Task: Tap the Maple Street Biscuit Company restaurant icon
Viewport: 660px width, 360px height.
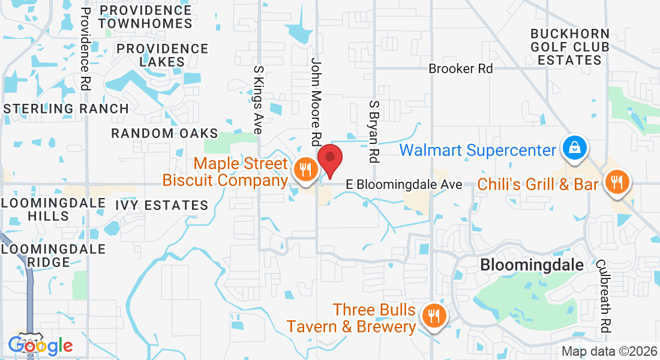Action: pyautogui.click(x=305, y=170)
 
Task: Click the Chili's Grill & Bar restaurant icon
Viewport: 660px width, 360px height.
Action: pyautogui.click(x=617, y=181)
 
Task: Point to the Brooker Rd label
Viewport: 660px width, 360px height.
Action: pyautogui.click(x=460, y=69)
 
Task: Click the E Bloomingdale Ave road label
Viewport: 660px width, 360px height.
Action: pyautogui.click(x=404, y=185)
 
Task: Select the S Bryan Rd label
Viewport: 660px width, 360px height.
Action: pyautogui.click(x=374, y=131)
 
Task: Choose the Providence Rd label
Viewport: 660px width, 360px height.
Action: pyautogui.click(x=85, y=50)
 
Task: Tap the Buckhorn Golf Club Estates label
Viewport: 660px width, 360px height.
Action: pyautogui.click(x=569, y=47)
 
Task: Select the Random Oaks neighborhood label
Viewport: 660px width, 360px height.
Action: pyautogui.click(x=164, y=133)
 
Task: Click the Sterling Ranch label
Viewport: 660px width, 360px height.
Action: pyautogui.click(x=66, y=109)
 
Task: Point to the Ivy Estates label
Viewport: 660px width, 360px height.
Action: pyautogui.click(x=161, y=205)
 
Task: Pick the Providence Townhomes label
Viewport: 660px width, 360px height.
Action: pyautogui.click(x=145, y=17)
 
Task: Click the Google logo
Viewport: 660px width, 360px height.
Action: pyautogui.click(x=40, y=345)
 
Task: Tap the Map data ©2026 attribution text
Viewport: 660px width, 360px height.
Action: pyautogui.click(x=608, y=352)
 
